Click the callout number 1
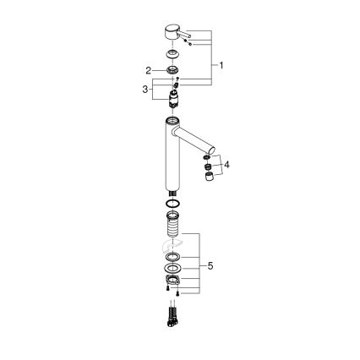[221, 65]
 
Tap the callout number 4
[226, 164]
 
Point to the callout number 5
[210, 265]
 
